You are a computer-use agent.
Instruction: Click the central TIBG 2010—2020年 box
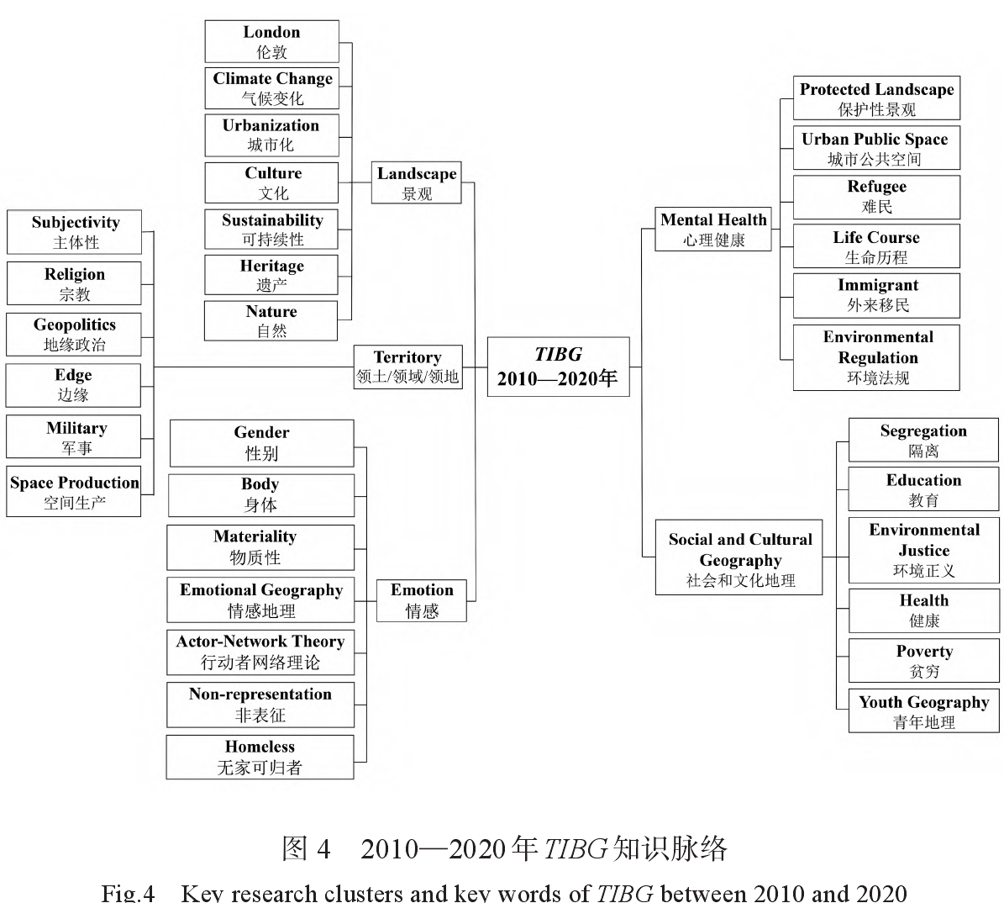pos(558,367)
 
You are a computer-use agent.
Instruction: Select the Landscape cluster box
pos(417,182)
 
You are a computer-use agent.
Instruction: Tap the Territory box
pos(407,367)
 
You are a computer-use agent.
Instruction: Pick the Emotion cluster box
pos(422,600)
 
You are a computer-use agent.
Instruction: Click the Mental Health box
pos(713,230)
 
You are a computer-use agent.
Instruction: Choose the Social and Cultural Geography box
pos(739,558)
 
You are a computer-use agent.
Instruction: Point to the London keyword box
pos(271,41)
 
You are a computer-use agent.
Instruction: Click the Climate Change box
pos(271,88)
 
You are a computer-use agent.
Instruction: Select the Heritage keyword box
pos(271,275)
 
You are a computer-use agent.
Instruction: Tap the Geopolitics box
pos(74,334)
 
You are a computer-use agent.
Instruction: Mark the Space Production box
pos(74,492)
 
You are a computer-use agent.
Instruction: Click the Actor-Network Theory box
pos(260,652)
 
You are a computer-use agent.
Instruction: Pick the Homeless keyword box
pos(260,757)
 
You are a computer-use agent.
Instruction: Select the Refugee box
pos(876,197)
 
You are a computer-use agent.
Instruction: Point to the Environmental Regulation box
pos(876,357)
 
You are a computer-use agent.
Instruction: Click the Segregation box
pos(923,440)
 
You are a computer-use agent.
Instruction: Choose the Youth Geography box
pos(923,711)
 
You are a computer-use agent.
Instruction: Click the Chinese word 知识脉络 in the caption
pos(670,849)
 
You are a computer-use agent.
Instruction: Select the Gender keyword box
pos(261,443)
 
